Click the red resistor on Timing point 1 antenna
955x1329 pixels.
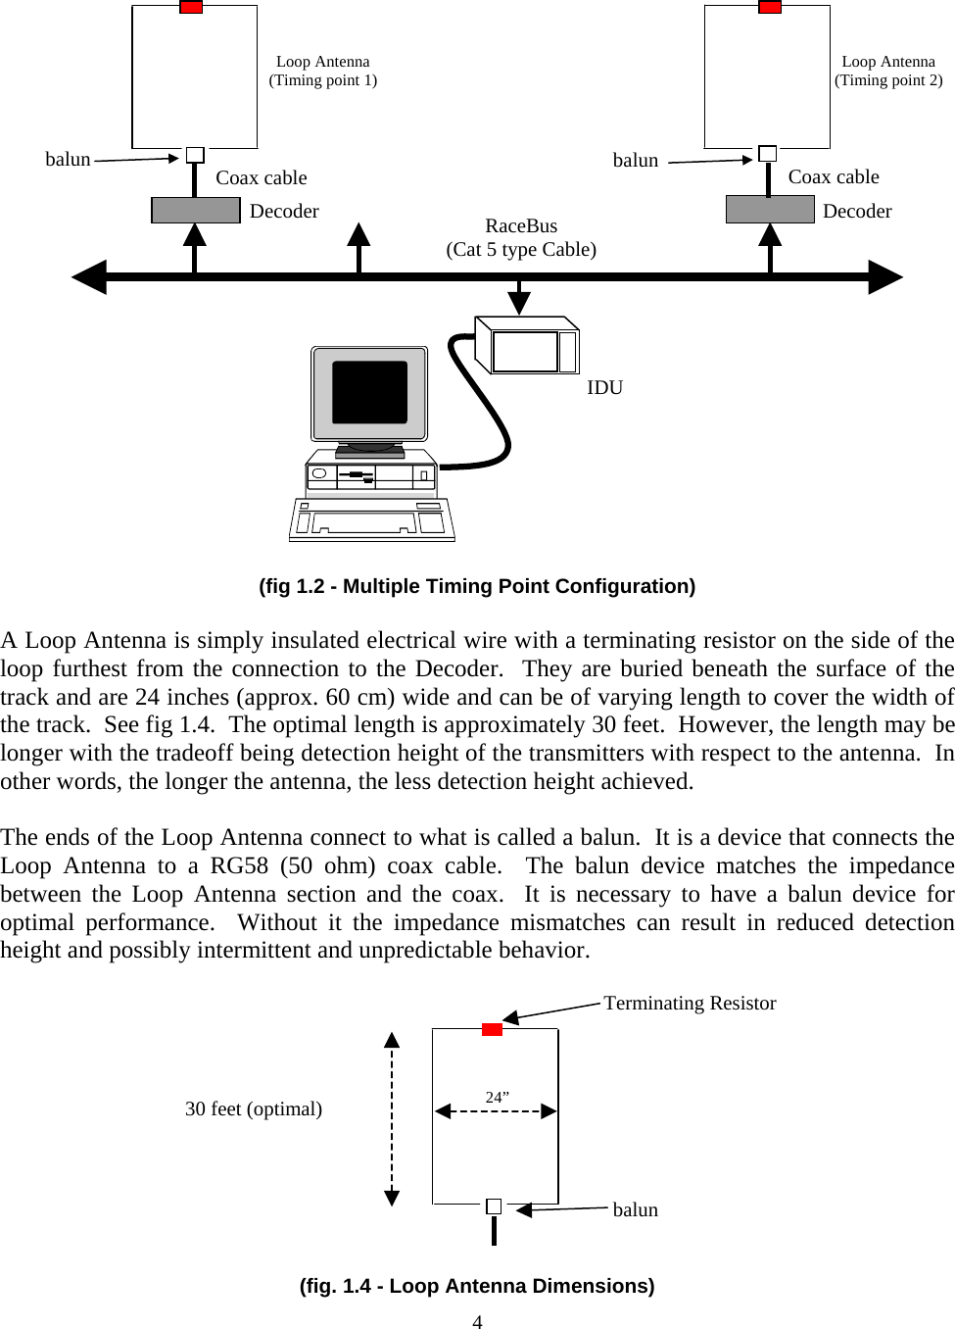pos(191,8)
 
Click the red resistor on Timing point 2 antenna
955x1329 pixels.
pos(770,8)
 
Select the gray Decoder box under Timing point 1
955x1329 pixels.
pos(196,210)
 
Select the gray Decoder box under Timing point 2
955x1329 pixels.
pos(770,209)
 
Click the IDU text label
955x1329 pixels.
pos(604,387)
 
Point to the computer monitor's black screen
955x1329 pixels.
pos(369,392)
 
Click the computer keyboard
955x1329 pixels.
pos(372,520)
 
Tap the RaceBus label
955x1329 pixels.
pos(521,226)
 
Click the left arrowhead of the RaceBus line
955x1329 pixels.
pos(90,277)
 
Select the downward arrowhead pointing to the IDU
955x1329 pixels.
pos(519,303)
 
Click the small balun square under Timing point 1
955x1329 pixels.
pos(195,155)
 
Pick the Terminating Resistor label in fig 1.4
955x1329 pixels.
pos(690,1003)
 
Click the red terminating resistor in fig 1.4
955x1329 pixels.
pos(492,1029)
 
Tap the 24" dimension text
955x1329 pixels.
pos(497,1097)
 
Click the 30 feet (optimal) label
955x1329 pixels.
pos(254,1108)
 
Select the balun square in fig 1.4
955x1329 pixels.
pos(494,1206)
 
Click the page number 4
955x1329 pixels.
pos(477,1321)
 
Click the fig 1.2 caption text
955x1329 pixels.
pos(477,586)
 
